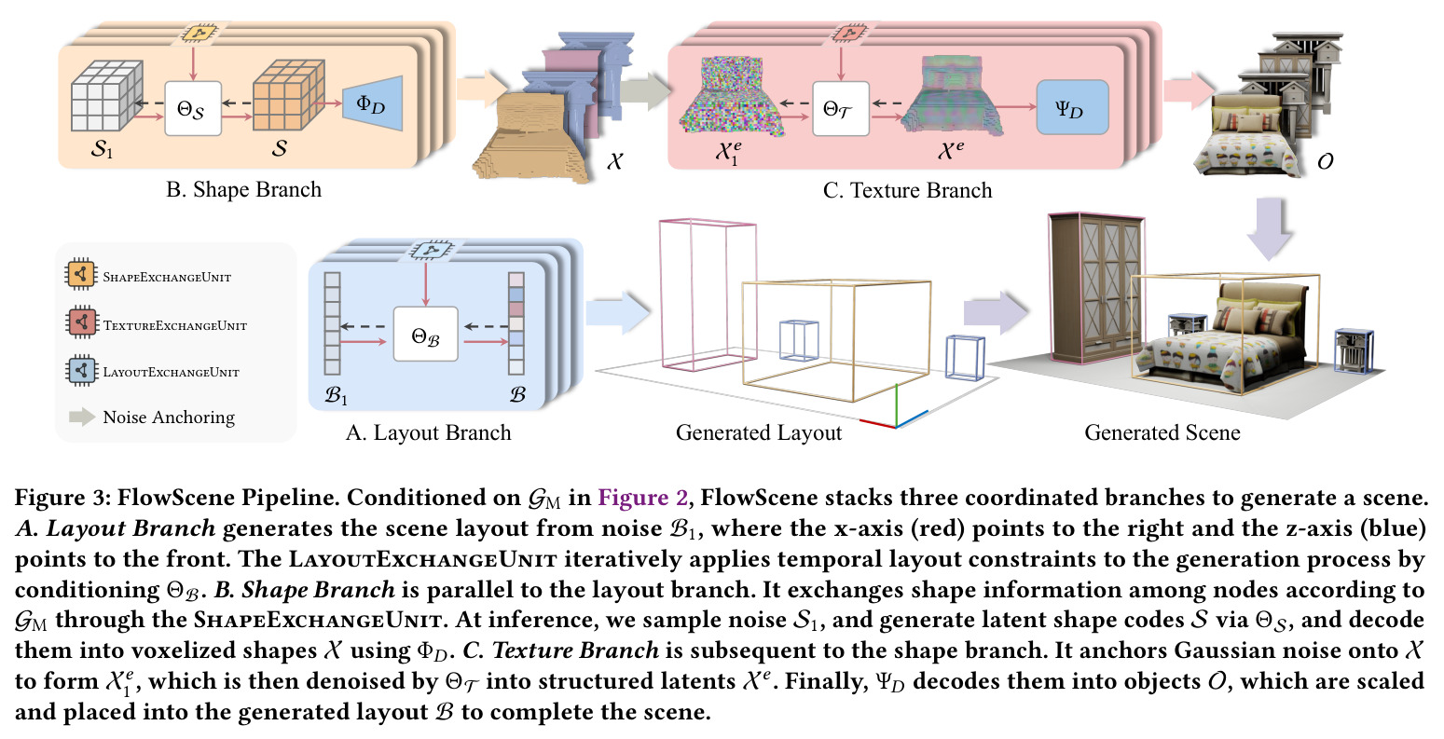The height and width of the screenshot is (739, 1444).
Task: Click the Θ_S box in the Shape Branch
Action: click(193, 108)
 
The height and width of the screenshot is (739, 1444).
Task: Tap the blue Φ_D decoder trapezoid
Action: click(372, 103)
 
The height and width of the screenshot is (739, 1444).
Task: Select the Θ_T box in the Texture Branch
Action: click(841, 108)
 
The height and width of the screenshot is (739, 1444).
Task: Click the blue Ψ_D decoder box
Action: click(1072, 107)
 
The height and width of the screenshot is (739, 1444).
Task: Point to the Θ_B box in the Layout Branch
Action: click(425, 334)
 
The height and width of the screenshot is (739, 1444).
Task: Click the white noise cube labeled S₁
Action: click(106, 95)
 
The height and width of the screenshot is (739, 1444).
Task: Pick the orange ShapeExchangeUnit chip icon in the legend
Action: click(80, 275)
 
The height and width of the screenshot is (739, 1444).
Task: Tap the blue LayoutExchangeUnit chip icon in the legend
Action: click(80, 371)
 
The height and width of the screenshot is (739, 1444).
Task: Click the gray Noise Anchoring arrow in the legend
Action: click(82, 417)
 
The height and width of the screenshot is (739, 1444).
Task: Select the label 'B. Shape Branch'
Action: click(243, 189)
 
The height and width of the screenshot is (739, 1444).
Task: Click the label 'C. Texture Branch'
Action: click(908, 190)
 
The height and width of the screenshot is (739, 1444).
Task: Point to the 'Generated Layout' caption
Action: click(759, 432)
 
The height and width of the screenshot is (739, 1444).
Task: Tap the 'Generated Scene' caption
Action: click(1162, 432)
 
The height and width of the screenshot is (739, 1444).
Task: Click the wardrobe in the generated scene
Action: click(1096, 290)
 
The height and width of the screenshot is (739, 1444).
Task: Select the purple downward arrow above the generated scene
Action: click(1270, 228)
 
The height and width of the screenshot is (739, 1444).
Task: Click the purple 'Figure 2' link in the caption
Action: click(642, 498)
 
